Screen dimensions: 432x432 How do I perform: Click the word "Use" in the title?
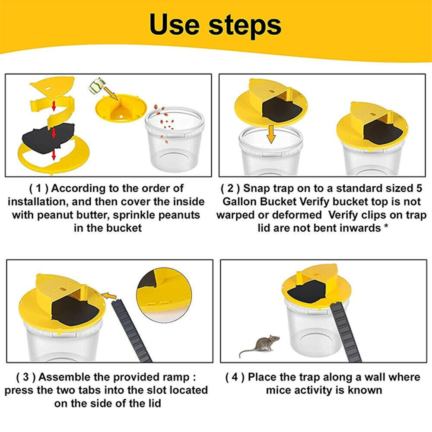click(x=175, y=25)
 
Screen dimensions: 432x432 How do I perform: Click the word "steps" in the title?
click(x=245, y=26)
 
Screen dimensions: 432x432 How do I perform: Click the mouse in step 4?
click(x=259, y=346)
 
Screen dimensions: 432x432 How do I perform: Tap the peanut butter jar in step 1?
click(x=97, y=86)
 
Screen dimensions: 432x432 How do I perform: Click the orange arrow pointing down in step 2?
click(x=271, y=134)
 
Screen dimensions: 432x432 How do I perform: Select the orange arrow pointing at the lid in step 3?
click(x=109, y=296)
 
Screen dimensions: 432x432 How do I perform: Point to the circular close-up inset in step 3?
click(x=164, y=295)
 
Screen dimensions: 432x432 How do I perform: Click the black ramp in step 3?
click(x=131, y=330)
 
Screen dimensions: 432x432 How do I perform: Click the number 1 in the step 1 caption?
click(x=39, y=188)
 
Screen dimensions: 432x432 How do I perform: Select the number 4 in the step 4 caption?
click(x=235, y=377)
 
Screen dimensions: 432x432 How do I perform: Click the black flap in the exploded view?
click(x=48, y=138)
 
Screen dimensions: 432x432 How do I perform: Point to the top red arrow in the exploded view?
click(x=54, y=106)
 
